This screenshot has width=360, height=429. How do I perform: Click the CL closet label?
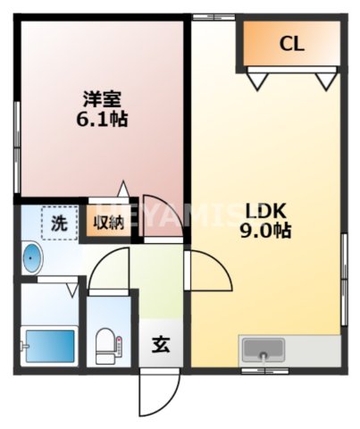[291, 42]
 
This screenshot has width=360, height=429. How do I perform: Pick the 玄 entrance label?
[159, 343]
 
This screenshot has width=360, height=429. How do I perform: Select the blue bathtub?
[46, 343]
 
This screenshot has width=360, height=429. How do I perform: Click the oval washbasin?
[32, 259]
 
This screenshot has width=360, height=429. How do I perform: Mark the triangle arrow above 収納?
[123, 189]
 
